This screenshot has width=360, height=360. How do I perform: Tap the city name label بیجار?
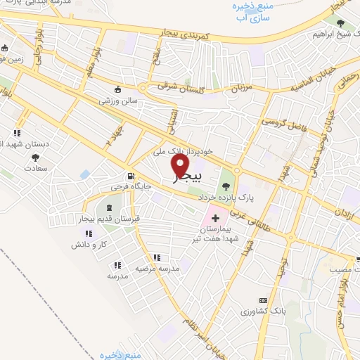tap(187, 176)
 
